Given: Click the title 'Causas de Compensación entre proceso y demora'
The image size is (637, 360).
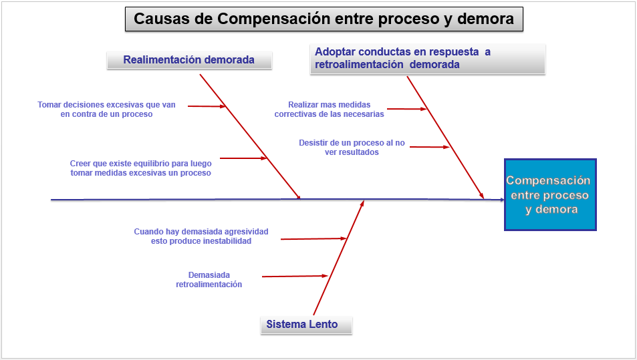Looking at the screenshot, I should [x=324, y=19].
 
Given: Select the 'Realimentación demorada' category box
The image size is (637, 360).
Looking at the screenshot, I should [x=189, y=60].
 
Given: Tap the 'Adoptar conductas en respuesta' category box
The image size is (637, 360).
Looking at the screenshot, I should [x=428, y=58].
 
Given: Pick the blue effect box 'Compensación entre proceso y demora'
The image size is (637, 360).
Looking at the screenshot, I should [x=549, y=194].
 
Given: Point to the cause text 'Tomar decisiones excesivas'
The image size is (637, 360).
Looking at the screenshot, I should [x=107, y=109].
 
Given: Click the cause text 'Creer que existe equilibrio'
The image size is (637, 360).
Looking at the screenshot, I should [x=140, y=168].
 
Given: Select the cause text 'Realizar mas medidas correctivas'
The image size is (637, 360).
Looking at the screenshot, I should [x=329, y=109].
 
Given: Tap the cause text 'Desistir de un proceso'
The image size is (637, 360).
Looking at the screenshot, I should [x=352, y=147].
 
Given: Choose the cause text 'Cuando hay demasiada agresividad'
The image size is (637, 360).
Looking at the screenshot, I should [x=201, y=236].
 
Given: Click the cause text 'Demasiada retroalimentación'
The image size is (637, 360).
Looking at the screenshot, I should [x=209, y=279].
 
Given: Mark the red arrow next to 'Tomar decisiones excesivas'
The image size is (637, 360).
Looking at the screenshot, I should [x=207, y=106].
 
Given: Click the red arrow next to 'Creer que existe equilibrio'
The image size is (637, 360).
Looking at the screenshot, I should [x=243, y=158].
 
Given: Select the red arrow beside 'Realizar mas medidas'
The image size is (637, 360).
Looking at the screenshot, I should [x=406, y=108].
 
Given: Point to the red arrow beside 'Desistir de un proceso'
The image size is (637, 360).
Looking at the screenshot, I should [x=429, y=146].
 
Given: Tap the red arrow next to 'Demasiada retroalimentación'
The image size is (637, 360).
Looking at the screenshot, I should [x=295, y=276].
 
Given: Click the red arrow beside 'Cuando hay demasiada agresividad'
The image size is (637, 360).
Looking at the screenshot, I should [x=314, y=238].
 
